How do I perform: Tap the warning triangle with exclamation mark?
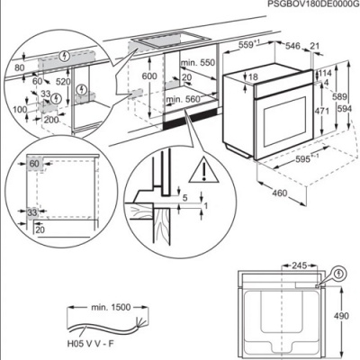pos(197,166)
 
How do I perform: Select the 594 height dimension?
pos(343,109)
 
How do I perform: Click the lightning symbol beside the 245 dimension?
pos(337,273)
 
